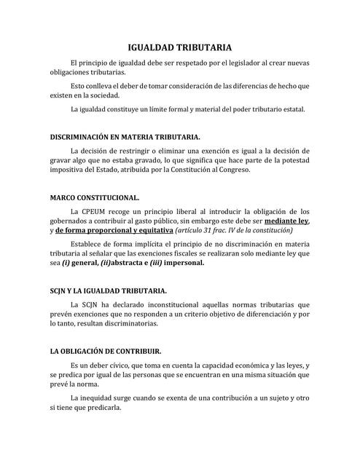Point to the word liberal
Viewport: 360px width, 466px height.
[x=171, y=211]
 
